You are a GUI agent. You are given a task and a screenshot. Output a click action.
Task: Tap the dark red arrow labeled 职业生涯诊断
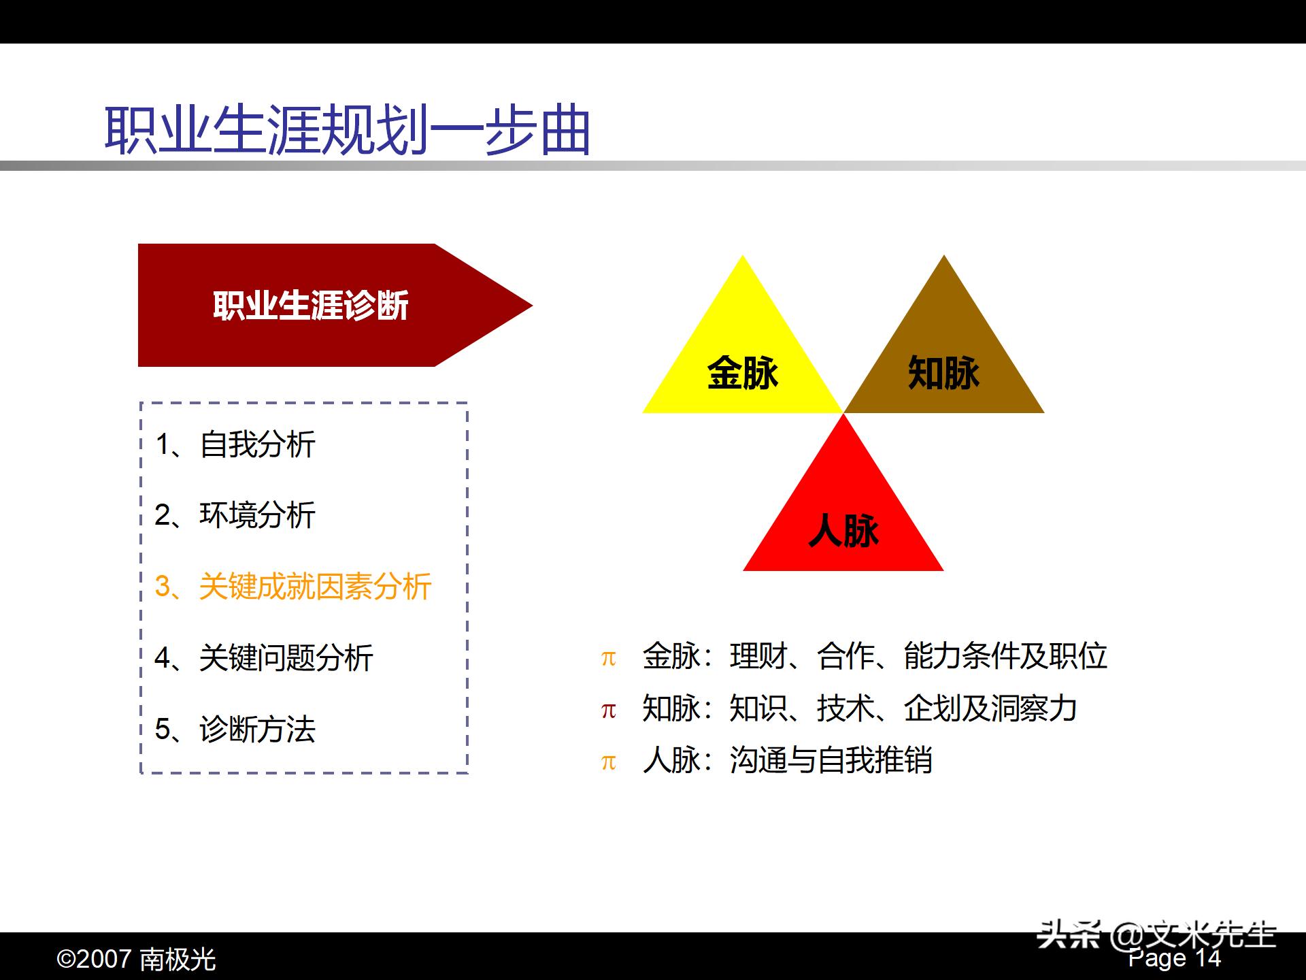click(x=311, y=306)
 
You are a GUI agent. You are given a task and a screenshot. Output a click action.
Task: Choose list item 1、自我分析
click(x=235, y=445)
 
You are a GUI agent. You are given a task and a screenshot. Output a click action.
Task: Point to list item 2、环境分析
click(x=235, y=515)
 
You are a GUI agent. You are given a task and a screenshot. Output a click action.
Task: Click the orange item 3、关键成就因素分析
click(x=293, y=587)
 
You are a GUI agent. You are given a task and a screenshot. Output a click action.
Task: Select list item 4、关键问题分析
click(x=264, y=658)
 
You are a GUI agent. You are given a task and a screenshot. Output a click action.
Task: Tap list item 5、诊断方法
click(x=235, y=729)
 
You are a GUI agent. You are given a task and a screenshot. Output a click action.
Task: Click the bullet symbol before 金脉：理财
click(x=608, y=658)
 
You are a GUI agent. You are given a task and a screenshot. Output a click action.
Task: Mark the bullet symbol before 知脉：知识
click(x=608, y=710)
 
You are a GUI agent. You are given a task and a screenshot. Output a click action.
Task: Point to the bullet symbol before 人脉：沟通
click(x=608, y=762)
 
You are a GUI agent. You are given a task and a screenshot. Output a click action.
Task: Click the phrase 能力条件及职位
click(x=1005, y=656)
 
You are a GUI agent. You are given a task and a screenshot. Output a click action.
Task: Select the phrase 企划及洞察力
click(x=990, y=708)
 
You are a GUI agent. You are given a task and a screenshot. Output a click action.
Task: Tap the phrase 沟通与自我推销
click(x=831, y=760)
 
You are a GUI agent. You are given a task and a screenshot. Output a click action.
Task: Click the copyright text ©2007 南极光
click(x=136, y=960)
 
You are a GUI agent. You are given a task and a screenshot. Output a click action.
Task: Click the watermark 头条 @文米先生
click(x=1156, y=935)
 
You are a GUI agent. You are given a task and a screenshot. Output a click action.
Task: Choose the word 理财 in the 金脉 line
click(x=758, y=656)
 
